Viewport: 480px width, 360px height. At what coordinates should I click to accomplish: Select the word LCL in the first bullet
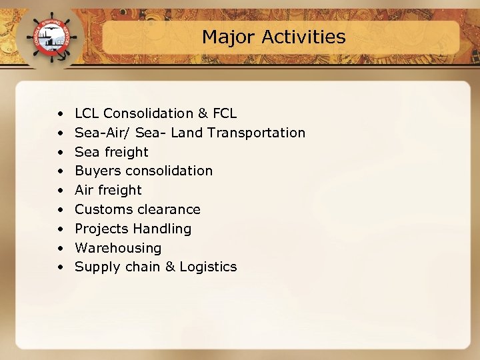pos(87,113)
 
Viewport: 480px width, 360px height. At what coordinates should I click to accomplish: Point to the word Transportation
pos(256,133)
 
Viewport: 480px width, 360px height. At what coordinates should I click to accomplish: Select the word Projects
pos(101,229)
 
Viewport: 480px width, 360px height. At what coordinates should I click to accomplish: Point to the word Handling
pos(162,229)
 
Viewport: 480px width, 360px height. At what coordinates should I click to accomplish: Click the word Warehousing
pos(118,248)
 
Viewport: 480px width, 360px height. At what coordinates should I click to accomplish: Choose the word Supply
pos(95,267)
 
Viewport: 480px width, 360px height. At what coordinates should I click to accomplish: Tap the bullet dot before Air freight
pos(61,191)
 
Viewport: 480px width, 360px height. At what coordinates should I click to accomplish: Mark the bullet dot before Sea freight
pos(61,153)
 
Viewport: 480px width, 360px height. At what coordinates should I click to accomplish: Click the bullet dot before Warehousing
pos(61,249)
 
